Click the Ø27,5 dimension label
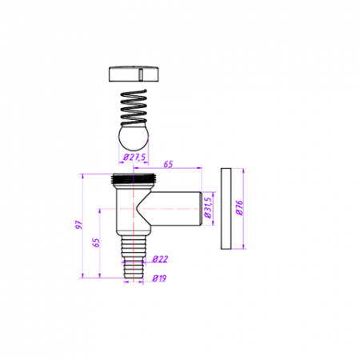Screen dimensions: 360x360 tap(134, 158)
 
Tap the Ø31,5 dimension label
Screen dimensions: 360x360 tap(208, 208)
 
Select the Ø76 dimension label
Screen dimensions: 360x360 tap(240, 208)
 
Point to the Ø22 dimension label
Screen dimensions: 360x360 tap(160, 259)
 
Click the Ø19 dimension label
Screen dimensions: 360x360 tap(159, 278)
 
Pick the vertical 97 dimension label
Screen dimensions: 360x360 tap(79, 225)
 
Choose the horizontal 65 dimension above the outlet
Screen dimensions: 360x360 tap(168, 164)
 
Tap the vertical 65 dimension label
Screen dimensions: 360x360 tap(96, 242)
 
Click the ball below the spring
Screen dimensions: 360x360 tap(134, 138)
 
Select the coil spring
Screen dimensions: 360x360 tap(134, 107)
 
